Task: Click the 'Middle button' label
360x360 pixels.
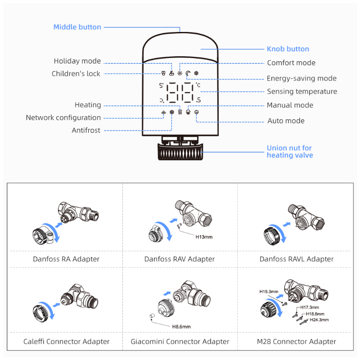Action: (77, 27)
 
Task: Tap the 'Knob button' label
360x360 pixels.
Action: (288, 49)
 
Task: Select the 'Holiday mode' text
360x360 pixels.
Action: (77, 61)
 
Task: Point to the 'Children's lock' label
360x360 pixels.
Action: (76, 74)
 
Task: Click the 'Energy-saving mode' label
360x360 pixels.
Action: (301, 78)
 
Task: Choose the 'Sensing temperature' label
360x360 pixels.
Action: (302, 92)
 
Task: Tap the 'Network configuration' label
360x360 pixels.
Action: (63, 118)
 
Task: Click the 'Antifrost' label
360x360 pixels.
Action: (86, 130)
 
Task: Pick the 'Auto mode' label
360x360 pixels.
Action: (286, 121)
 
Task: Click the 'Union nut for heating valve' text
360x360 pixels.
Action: (289, 152)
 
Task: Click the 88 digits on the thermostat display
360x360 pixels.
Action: (180, 93)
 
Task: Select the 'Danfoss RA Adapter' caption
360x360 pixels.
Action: (66, 259)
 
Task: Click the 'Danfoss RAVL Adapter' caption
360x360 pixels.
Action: (297, 259)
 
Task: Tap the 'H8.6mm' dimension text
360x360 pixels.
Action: (181, 326)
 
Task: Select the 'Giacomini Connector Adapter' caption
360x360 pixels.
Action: (180, 342)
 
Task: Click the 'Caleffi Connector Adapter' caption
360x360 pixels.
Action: (67, 342)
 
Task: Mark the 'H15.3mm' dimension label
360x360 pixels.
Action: (269, 292)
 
